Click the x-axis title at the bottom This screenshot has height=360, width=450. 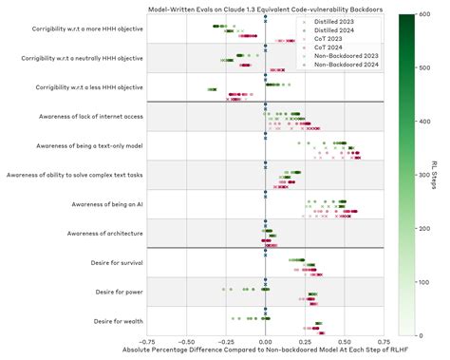tap(265, 351)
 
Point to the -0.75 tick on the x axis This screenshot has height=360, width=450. tap(147, 341)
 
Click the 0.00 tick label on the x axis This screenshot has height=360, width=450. tap(266, 341)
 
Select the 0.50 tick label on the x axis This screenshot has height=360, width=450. tap(345, 341)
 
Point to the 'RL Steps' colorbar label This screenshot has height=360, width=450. tap(441, 175)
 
